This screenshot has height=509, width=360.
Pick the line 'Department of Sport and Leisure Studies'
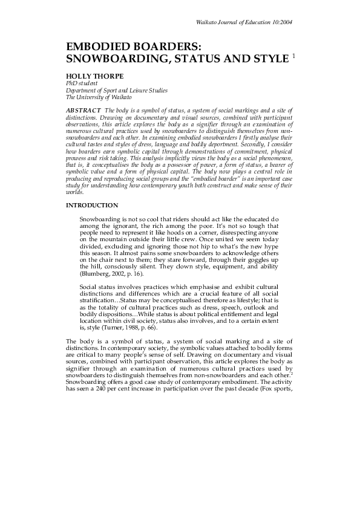click(x=116, y=90)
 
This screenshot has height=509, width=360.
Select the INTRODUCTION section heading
click(x=92, y=206)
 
